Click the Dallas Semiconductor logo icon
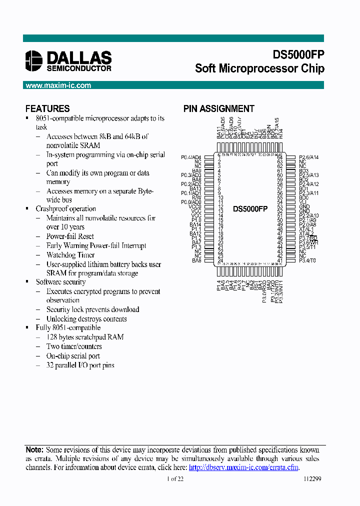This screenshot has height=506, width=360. pos(34,60)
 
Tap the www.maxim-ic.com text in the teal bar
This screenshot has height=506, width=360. pos(58,85)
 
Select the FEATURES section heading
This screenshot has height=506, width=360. pos(47,108)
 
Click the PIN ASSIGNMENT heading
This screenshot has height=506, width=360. pos(218,108)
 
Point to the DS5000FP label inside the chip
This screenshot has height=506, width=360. pos(250,209)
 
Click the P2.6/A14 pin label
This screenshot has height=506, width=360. pos(308,157)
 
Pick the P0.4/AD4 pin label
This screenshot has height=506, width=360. pos(191,157)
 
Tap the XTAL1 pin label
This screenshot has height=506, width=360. pos(306,229)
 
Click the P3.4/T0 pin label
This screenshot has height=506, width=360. pos(307,260)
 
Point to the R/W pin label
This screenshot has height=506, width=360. pos(196,197)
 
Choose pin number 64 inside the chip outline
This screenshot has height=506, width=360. pos(280,157)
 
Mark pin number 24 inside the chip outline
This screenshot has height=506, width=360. pos(219,260)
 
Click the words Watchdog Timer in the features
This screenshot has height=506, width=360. pos(70,255)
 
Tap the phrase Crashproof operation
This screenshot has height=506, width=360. pos(65,209)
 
